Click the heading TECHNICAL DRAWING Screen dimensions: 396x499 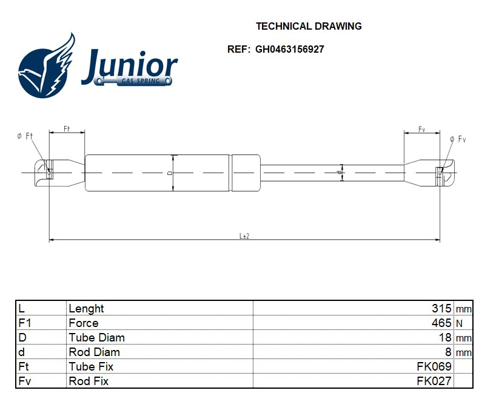coord(309,26)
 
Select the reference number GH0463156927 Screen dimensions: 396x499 coord(289,50)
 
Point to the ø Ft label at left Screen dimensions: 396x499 coord(25,136)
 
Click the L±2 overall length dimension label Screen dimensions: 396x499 coord(244,236)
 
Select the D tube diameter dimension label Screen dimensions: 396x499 coord(170,173)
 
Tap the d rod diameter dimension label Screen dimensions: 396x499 coord(340,173)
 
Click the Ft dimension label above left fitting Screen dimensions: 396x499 coord(67,129)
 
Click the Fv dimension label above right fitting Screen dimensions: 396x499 coord(421,130)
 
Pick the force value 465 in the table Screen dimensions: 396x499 coord(442,323)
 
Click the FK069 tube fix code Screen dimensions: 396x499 coord(434,366)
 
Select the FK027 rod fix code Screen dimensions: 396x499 coord(434,381)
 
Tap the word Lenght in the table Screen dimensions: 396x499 coord(86,308)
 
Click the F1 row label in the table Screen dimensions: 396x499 coord(25,323)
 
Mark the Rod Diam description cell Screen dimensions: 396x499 coord(94,352)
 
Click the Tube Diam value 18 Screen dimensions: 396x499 coord(445,337)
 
